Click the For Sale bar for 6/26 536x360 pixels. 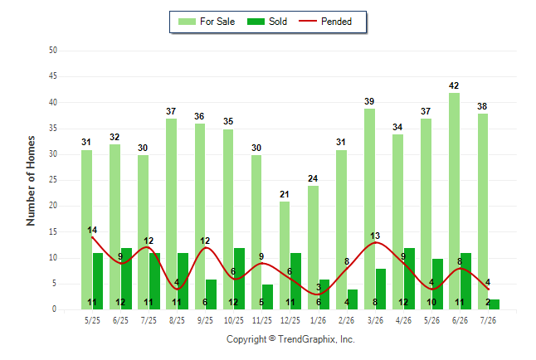[x=454, y=201]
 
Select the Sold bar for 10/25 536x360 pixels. [x=239, y=279]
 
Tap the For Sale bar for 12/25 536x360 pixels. [x=285, y=255]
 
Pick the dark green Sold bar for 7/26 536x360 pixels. [x=494, y=304]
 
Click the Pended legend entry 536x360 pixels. [x=325, y=22]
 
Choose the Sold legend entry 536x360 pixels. [x=267, y=22]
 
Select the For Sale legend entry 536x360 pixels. [x=207, y=22]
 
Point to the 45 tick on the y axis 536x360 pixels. [x=52, y=75]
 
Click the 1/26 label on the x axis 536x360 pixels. [x=318, y=320]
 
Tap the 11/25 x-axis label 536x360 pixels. [x=262, y=320]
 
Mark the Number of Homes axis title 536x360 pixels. [x=31, y=181]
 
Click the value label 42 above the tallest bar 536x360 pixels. [x=454, y=85]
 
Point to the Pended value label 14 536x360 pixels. [x=92, y=230]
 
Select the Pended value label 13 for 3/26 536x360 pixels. [x=375, y=236]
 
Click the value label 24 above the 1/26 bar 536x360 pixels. [x=313, y=178]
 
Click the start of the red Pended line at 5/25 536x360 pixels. [x=92, y=237]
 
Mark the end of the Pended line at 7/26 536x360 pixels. [x=488, y=289]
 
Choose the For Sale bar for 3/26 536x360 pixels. [x=369, y=209]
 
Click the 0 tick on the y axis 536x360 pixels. [x=54, y=309]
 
